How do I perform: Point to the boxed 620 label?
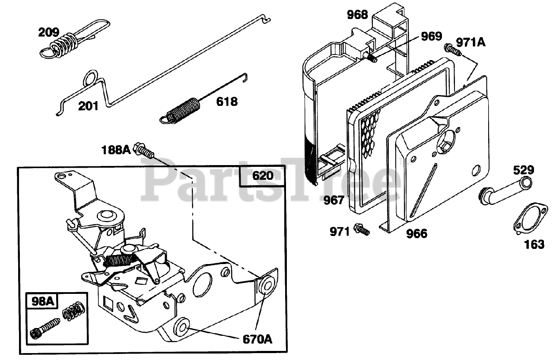coord(263,176)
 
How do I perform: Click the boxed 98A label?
coord(43,301)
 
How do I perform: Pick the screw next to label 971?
coord(362,230)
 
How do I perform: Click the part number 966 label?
coord(416,234)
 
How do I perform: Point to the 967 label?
coord(334,200)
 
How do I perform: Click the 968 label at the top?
coord(358,15)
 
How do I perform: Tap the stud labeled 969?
coord(373,57)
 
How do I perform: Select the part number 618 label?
coord(226,102)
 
